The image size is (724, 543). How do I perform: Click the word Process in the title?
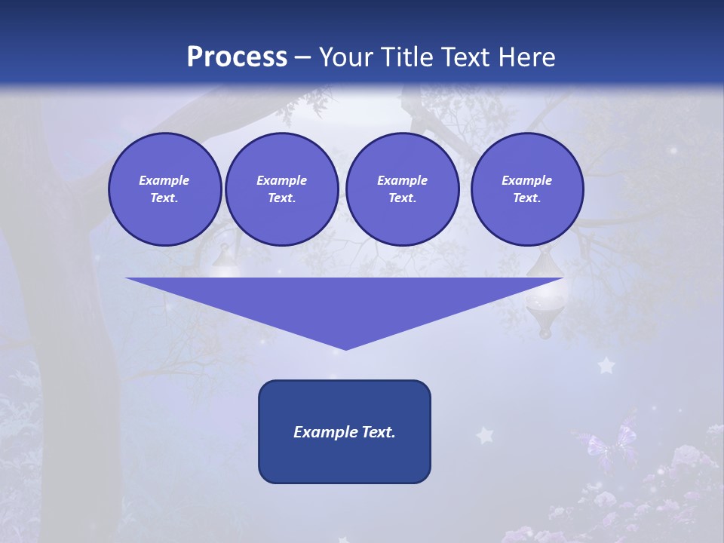237,57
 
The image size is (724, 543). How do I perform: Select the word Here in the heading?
526,57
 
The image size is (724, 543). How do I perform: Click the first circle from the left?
165,189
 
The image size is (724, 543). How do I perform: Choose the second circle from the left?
282,189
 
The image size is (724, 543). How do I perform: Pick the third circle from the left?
403,189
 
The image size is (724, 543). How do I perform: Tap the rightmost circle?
527,189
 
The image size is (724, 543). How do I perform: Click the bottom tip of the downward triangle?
345,348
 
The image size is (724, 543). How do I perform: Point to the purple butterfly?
608,445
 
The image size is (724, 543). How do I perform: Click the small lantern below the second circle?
224,261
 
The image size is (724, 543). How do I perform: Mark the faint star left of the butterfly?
484,435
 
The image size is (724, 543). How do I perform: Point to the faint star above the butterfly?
606,367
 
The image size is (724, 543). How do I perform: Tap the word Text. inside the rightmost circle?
527,198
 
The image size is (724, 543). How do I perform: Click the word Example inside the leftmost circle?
164,180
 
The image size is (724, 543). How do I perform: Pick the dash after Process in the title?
303,57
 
